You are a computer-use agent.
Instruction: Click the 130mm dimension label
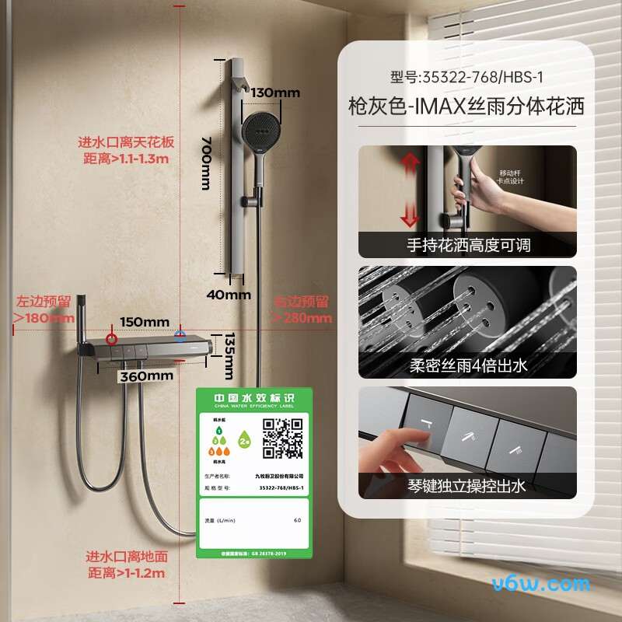[x=274, y=93]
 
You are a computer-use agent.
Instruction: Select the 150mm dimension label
[x=144, y=322]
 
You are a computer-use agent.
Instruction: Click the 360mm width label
[x=145, y=376]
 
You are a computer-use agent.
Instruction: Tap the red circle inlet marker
[x=113, y=339]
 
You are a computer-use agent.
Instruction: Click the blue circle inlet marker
[x=180, y=337]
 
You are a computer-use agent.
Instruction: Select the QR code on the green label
[x=281, y=438]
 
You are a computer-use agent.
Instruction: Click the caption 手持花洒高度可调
[x=468, y=245]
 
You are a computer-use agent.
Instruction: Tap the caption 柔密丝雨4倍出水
[x=468, y=365]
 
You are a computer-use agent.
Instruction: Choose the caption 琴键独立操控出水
[x=468, y=486]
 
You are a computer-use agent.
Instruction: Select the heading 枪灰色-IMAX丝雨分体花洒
[x=466, y=107]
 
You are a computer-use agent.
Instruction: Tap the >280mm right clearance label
[x=302, y=309]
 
